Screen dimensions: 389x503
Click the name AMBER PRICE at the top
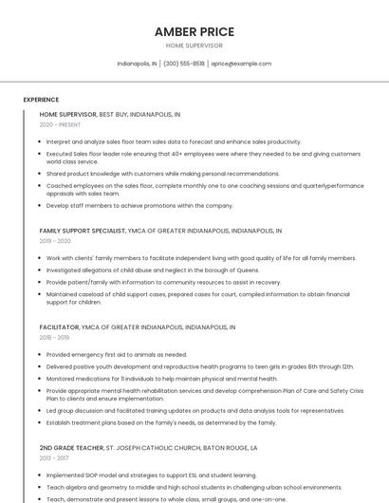tap(194, 31)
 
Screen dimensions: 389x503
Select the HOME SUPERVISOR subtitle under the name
tap(194, 46)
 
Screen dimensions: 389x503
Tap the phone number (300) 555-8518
tap(184, 64)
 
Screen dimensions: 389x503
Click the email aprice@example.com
tap(241, 64)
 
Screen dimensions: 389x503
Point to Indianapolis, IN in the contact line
tap(138, 64)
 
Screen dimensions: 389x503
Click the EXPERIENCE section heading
tap(41, 99)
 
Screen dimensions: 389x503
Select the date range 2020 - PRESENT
tap(60, 124)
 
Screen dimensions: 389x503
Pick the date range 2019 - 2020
tap(55, 241)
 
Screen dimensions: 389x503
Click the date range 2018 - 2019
tap(54, 337)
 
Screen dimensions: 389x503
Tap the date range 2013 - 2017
tap(54, 457)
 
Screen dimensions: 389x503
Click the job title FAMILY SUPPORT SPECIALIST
tap(82, 231)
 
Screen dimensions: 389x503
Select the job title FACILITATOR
tap(59, 326)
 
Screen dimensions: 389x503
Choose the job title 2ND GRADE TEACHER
tap(71, 447)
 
